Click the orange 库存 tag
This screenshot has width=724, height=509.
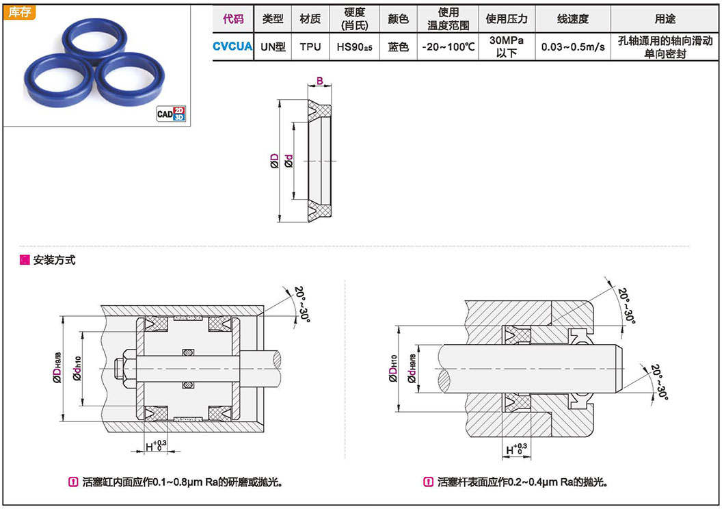pos(21,13)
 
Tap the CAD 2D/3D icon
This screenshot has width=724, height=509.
pos(171,114)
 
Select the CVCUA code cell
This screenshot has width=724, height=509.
pos(232,47)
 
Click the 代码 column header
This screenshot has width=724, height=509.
pos(232,18)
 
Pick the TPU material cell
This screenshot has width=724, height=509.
pos(310,47)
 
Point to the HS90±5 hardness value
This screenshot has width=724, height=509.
pos(353,47)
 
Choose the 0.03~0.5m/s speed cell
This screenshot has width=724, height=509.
pos(572,47)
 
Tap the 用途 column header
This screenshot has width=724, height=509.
pos(665,18)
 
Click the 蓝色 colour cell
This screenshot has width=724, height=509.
pos(398,47)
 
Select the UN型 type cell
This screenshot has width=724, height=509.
pos(273,47)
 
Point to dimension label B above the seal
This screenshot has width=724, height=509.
pos(319,81)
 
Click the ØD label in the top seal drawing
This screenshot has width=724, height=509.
pos(275,161)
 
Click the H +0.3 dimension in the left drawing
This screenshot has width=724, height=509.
pos(155,447)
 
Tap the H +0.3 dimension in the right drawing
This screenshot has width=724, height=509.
pos(516,449)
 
